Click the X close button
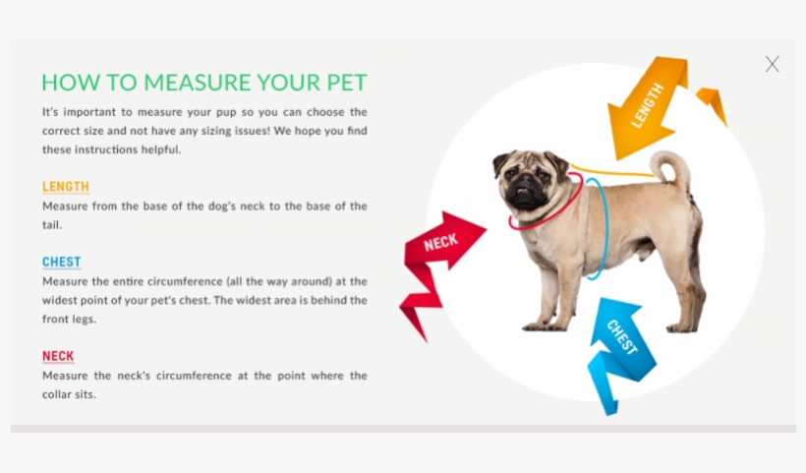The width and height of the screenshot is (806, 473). pos(772,64)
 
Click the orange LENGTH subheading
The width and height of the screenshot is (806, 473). pos(66,187)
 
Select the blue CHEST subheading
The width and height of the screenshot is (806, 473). pos(62,263)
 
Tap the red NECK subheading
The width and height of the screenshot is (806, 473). pos(58,356)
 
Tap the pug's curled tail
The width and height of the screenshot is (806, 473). pos(672,167)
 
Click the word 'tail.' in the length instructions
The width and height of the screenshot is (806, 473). pos(55,224)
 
